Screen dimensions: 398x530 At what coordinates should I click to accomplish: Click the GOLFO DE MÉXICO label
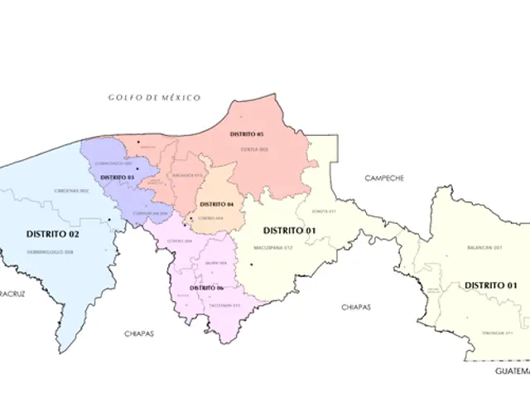[x=154, y=97]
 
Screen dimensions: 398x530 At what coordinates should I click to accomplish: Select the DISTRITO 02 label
[x=52, y=234]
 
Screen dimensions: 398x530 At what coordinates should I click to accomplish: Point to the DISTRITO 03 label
[x=117, y=177]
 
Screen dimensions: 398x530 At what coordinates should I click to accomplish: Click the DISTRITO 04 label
[x=217, y=204]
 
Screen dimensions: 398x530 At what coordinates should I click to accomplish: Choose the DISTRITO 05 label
[x=247, y=134]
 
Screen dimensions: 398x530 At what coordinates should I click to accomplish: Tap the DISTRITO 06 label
[x=206, y=288]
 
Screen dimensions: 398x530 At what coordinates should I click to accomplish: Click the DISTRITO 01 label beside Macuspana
[x=289, y=230]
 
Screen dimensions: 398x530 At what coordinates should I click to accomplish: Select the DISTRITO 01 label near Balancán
[x=490, y=284]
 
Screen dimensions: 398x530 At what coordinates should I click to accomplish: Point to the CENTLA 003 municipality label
[x=254, y=149]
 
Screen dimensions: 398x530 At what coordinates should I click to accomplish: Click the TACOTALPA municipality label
[x=224, y=305]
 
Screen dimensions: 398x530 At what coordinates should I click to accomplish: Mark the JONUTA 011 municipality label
[x=325, y=211]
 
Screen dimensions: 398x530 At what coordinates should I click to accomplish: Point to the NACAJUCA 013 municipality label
[x=187, y=176]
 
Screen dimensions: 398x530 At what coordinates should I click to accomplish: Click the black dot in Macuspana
[x=251, y=265]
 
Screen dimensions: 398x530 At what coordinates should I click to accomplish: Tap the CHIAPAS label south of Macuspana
[x=355, y=307]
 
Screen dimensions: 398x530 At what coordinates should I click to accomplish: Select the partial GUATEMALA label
[x=512, y=371]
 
